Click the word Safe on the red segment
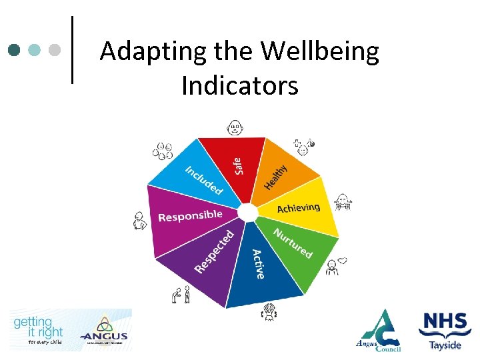tap(239, 163)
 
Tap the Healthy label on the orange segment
tap(276, 177)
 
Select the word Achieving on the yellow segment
tap(298, 209)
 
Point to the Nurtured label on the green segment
tap(293, 243)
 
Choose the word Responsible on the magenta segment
tap(190, 216)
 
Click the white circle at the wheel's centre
tap(247, 213)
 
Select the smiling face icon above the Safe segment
tap(235, 127)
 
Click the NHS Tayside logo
tap(445, 330)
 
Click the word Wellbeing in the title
tap(320, 52)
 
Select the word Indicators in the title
tap(240, 85)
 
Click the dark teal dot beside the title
tap(15, 50)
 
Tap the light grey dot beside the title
tap(55, 50)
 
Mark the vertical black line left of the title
tap(72, 50)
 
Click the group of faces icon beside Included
tap(163, 151)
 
